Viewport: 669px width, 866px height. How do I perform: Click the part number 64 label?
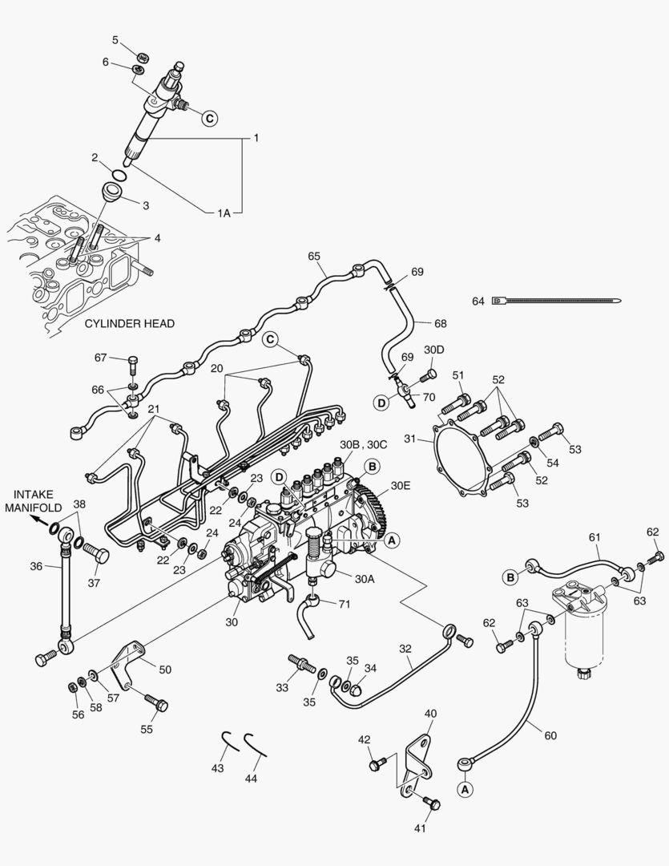[478, 301]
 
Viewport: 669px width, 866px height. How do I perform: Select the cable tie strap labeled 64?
[561, 301]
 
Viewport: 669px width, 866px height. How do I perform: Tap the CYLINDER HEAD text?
[129, 324]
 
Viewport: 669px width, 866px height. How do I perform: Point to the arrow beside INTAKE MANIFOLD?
[39, 519]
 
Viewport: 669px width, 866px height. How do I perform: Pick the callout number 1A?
[223, 213]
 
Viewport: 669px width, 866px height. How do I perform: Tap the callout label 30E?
[401, 486]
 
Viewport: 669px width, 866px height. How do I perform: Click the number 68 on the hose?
[440, 323]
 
